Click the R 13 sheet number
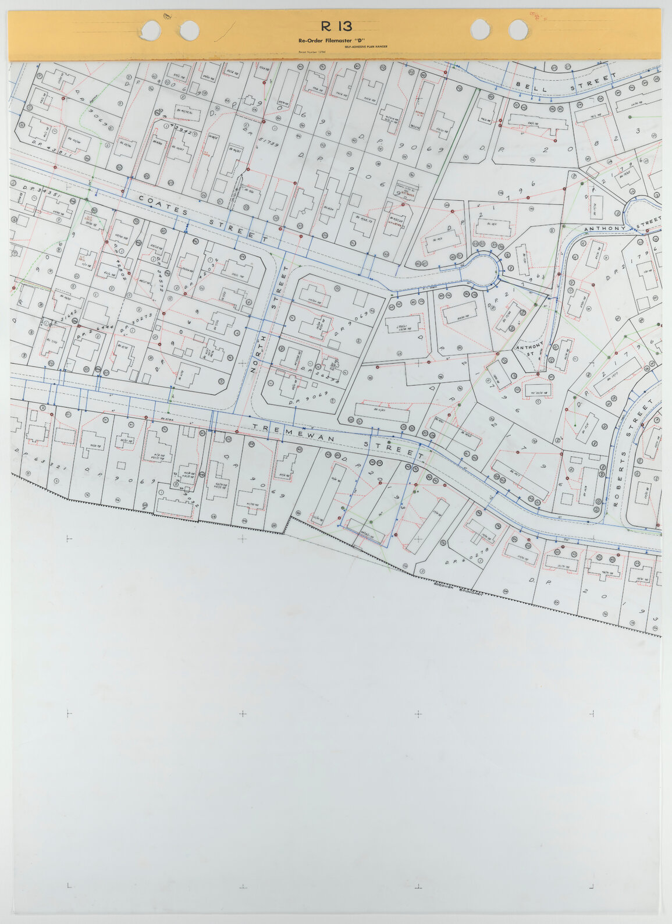point(336,26)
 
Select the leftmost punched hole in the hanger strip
point(151,29)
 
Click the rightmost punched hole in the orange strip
point(518,30)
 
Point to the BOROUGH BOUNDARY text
point(460,588)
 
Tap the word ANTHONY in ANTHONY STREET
point(604,229)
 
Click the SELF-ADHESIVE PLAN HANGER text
point(365,47)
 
